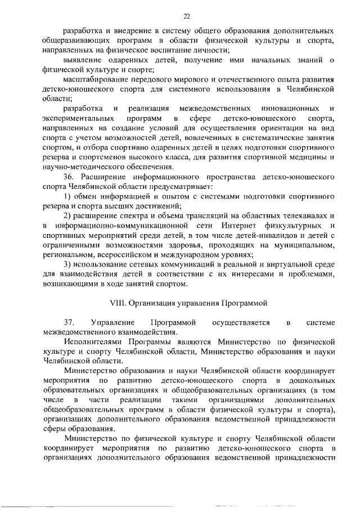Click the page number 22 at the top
[x=187, y=16]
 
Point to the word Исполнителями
[x=91, y=343]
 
